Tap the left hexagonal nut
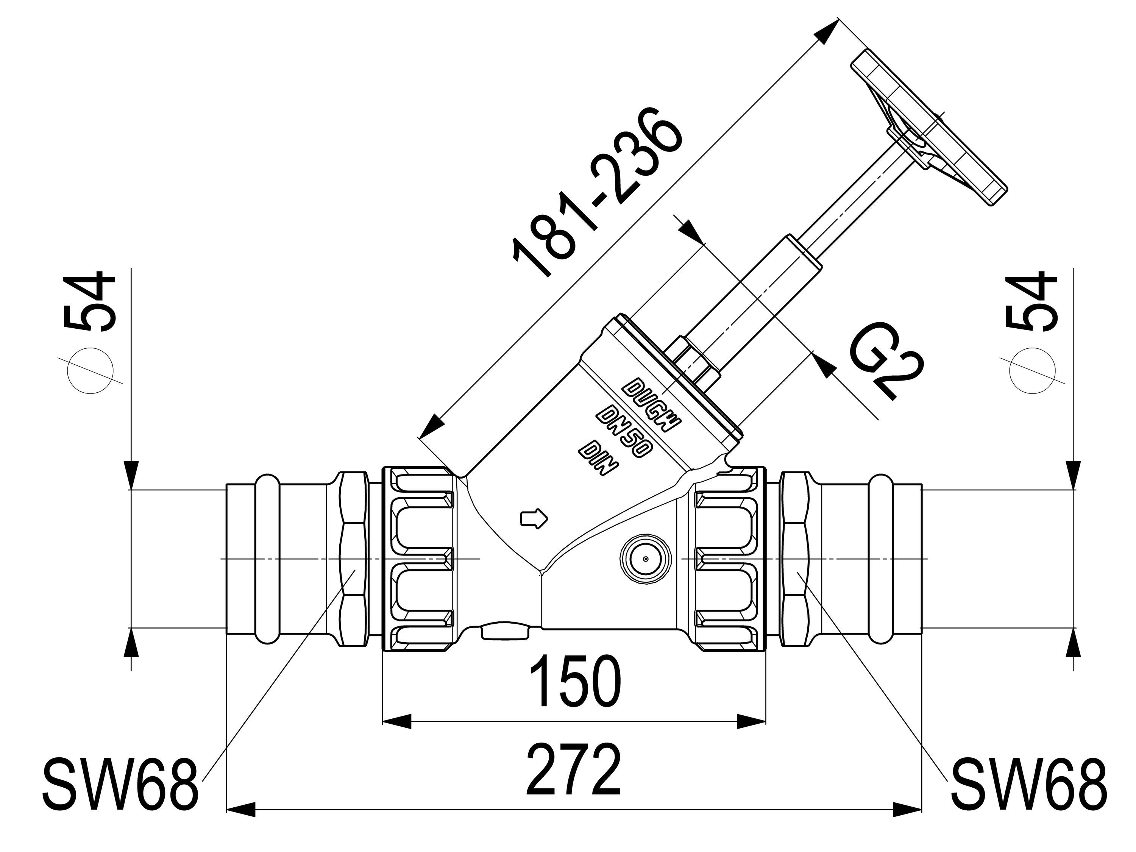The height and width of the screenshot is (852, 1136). (354, 559)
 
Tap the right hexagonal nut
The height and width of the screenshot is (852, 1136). (795, 559)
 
